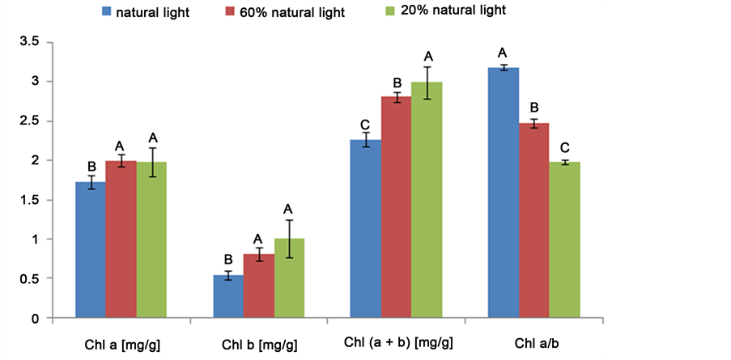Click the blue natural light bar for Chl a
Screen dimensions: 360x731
point(91,250)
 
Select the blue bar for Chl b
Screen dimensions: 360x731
point(227,297)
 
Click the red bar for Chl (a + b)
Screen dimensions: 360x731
point(397,207)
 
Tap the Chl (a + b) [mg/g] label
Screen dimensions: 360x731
point(397,344)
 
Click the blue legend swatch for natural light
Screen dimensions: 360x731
point(106,12)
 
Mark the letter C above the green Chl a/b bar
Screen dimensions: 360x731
point(566,148)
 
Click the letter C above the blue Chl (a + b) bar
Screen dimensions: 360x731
point(366,125)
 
